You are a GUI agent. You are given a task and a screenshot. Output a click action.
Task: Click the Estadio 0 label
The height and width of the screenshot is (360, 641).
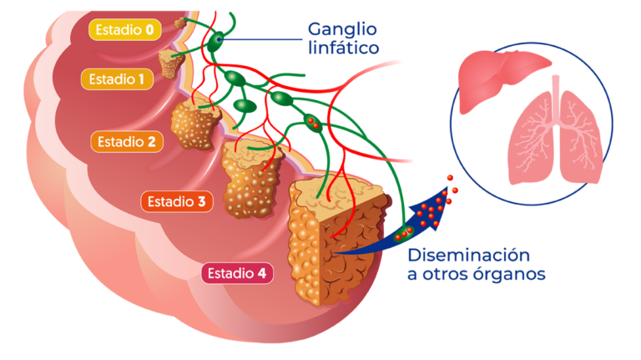[124, 31]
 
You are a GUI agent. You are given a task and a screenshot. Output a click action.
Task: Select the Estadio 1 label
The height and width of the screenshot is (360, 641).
[118, 80]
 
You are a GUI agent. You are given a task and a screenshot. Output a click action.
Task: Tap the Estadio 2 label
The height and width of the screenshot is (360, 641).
[127, 142]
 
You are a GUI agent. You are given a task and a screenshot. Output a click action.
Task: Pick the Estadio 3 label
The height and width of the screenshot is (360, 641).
[176, 201]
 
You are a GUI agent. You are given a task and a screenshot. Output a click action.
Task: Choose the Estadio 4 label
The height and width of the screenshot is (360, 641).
[237, 273]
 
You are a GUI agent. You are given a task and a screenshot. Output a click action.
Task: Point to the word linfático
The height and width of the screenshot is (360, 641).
[342, 48]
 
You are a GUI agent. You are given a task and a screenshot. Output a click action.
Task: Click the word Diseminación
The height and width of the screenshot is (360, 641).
[469, 255]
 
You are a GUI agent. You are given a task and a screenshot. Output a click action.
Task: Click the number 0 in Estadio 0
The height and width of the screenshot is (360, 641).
[149, 31]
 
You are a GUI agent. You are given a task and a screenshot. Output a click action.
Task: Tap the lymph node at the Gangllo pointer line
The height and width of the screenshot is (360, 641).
[218, 40]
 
